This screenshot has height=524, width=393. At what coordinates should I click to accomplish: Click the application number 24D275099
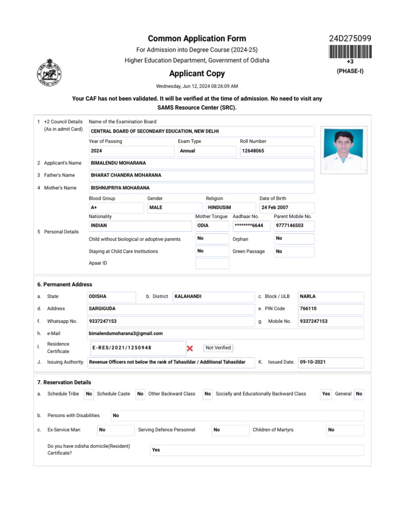350,39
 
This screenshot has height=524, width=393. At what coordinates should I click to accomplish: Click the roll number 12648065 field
277,151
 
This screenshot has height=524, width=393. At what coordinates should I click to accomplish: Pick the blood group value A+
116,208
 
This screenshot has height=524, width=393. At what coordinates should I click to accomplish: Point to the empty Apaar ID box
212,263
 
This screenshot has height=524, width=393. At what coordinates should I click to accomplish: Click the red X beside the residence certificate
189,348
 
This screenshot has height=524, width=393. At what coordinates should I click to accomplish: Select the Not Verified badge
219,348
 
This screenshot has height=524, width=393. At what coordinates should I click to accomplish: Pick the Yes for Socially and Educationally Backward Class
326,394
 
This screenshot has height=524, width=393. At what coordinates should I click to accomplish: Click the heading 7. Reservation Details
64,382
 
